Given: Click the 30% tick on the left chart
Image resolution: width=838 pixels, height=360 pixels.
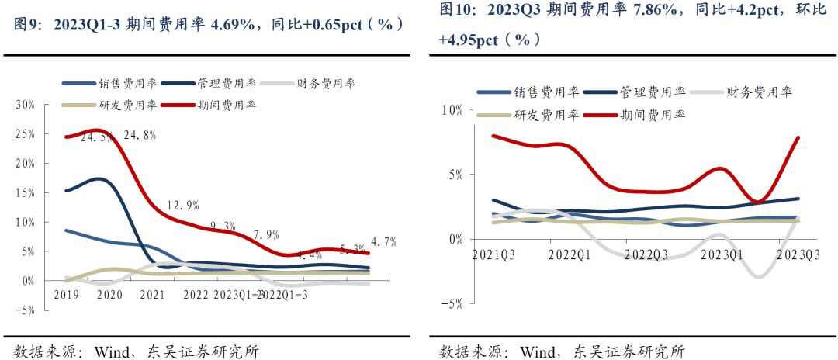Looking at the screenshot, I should point(26,105).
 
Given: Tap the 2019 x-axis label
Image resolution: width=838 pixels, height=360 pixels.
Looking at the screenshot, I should point(68,295).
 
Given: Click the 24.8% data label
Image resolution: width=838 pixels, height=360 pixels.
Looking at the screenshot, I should point(139,135).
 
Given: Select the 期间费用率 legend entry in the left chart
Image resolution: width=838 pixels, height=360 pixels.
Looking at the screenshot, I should point(224,105).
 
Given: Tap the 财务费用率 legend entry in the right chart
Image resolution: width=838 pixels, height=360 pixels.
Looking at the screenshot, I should point(758,92).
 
